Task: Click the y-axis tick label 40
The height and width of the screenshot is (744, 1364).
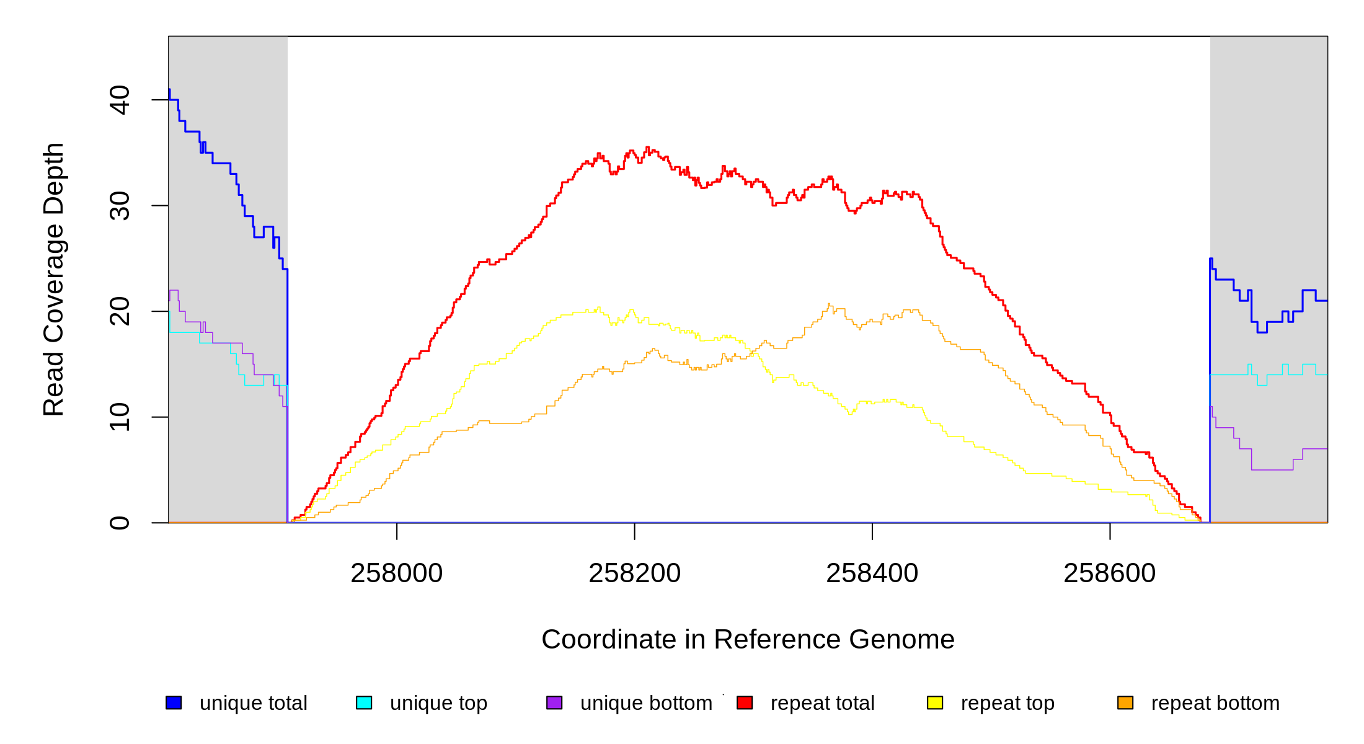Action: [x=119, y=100]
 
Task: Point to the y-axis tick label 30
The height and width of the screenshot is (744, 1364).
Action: [x=119, y=206]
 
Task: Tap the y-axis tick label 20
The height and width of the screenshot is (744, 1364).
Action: [x=119, y=311]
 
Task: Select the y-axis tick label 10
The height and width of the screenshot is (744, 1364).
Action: [x=119, y=417]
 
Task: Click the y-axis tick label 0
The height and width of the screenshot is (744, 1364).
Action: [x=119, y=523]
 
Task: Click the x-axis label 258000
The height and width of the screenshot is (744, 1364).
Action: [x=396, y=573]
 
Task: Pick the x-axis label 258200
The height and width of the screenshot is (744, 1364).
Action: [x=634, y=573]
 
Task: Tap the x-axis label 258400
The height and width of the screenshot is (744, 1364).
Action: [x=872, y=573]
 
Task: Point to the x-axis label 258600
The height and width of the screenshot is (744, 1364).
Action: [x=1109, y=573]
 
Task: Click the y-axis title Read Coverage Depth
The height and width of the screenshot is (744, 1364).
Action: [x=54, y=279]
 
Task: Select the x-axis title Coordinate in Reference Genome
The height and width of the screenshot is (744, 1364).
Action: [x=748, y=640]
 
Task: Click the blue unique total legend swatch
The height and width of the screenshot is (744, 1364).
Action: [x=174, y=703]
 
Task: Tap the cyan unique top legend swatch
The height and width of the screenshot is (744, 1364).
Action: [x=364, y=703]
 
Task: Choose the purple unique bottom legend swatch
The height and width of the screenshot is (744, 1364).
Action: [x=554, y=703]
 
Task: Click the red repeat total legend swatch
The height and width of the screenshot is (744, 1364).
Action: [x=745, y=703]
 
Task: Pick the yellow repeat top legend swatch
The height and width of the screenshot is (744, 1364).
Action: [x=935, y=703]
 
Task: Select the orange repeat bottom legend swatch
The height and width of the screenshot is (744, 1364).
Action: [x=1125, y=703]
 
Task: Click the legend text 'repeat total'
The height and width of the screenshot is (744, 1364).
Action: [x=822, y=704]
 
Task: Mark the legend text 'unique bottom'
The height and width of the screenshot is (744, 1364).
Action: [x=646, y=704]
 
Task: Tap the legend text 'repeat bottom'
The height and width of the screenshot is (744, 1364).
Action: [x=1215, y=704]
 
